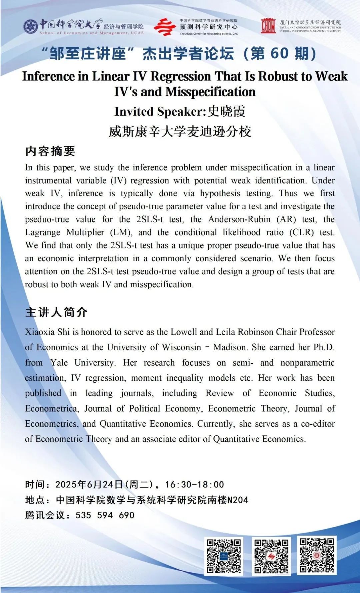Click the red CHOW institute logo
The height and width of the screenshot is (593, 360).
(268, 26)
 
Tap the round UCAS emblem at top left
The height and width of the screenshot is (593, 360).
(31, 26)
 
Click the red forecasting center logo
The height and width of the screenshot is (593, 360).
(164, 27)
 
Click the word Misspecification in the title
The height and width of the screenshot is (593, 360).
(210, 92)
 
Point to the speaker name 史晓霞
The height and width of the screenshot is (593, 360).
(226, 111)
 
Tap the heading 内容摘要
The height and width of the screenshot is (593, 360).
(50, 151)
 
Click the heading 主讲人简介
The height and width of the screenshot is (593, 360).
(56, 312)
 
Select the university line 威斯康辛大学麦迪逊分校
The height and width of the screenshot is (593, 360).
(180, 131)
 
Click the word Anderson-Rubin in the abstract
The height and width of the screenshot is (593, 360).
(239, 219)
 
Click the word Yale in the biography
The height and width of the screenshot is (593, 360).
(59, 363)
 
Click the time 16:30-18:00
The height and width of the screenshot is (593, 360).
(194, 485)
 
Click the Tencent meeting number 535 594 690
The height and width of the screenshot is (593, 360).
(105, 515)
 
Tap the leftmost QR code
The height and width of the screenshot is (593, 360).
(224, 556)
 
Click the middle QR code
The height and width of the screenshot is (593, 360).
(271, 556)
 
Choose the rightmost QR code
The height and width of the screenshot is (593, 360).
(317, 555)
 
